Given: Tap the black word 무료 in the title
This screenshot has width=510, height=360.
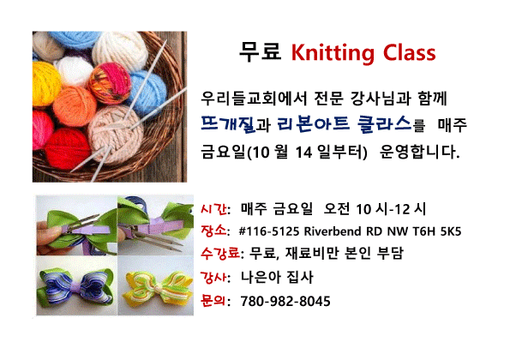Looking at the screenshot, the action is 261,51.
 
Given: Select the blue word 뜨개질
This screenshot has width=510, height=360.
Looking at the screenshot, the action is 228,124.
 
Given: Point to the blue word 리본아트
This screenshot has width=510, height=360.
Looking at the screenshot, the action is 313,123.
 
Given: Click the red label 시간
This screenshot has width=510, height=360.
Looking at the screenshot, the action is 213,208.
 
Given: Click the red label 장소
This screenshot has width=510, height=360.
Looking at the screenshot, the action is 213,231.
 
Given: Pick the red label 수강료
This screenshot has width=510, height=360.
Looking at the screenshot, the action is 220,253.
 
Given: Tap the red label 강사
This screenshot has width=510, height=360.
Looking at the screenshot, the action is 213,278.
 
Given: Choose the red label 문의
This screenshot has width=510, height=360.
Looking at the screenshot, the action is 213,300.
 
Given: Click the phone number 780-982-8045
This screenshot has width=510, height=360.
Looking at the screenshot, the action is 285,301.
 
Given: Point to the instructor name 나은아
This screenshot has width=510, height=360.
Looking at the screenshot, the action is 261,278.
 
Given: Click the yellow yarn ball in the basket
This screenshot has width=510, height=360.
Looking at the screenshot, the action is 45,84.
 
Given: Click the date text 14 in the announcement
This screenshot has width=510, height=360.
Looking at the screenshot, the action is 303,153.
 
